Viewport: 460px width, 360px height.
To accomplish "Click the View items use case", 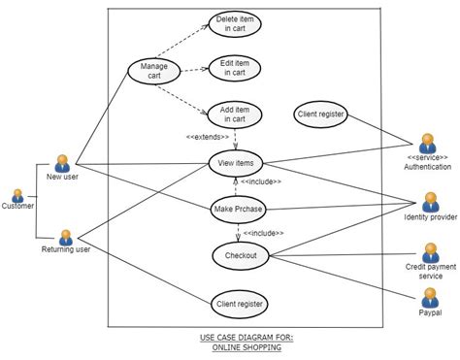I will click(237, 164).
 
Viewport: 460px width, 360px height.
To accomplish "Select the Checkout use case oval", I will click(238, 255).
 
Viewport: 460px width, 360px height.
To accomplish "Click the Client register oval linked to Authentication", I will click(320, 115).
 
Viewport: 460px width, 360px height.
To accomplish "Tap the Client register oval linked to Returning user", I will click(238, 304).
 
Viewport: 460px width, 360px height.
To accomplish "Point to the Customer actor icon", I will click(16, 195).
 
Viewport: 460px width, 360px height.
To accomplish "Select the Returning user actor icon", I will click(66, 236).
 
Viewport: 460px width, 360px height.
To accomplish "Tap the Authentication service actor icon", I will click(428, 144).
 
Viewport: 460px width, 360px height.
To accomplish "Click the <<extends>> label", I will click(208, 137).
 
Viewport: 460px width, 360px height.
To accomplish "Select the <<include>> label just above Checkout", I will click(263, 233).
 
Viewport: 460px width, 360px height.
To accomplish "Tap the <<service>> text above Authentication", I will click(428, 158).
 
